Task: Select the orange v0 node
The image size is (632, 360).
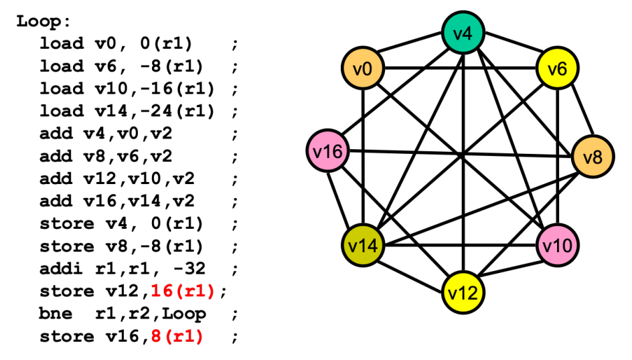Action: (x=362, y=68)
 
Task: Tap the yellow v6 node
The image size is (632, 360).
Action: (x=558, y=68)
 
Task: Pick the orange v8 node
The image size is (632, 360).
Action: (x=592, y=158)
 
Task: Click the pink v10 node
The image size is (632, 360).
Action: (x=558, y=246)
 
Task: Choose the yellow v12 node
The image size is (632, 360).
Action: (x=463, y=292)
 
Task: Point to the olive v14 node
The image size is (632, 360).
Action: (x=362, y=246)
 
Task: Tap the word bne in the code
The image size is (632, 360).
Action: (x=51, y=314)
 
